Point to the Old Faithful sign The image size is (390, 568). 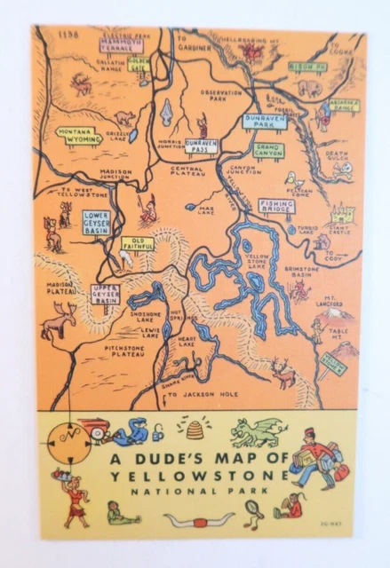[138, 241]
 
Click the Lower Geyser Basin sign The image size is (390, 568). [96, 222]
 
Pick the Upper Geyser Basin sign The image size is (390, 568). [106, 294]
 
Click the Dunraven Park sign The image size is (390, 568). [265, 122]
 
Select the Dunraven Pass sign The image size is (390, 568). [202, 146]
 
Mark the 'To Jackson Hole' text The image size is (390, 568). [200, 393]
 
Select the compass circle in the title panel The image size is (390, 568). [67, 438]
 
